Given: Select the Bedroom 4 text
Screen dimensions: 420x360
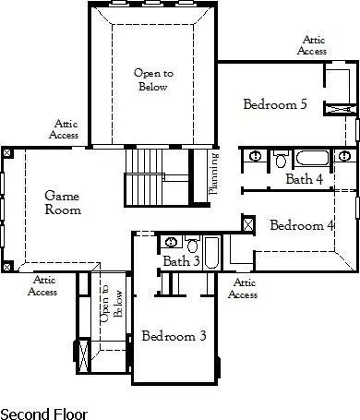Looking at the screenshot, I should click(x=301, y=225).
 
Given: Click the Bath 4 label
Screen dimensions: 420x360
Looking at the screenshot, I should click(x=304, y=179).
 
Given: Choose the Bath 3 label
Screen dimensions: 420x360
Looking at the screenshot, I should click(x=182, y=262).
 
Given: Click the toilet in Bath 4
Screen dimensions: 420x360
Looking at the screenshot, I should click(x=282, y=160).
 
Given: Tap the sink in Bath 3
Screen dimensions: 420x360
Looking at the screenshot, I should click(x=172, y=244).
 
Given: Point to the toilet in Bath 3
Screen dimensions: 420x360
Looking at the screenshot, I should click(x=192, y=246).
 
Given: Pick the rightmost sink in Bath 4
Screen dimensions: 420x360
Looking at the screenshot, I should click(x=347, y=156).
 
